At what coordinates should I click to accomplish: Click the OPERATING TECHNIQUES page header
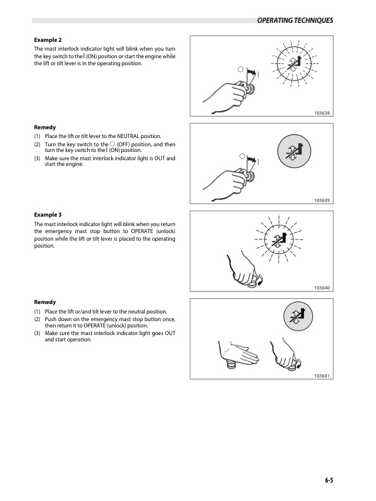pos(294,20)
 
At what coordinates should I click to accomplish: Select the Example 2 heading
pos(48,40)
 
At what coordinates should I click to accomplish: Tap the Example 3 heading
pos(48,215)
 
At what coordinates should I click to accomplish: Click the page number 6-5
pos(329,480)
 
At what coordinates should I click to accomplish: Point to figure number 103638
pos(322,113)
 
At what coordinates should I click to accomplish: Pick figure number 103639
pos(322,201)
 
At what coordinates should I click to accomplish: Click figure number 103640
pos(322,288)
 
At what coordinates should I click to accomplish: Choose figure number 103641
pos(322,376)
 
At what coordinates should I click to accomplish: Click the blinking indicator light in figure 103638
pos(294,63)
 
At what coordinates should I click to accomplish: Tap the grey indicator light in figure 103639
pos(294,151)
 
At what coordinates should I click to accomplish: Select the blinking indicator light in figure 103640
pos(279,239)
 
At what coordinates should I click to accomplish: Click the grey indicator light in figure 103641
pos(298,316)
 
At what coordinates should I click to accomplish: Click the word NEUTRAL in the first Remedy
pos(128,136)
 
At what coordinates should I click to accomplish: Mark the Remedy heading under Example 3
pos(45,302)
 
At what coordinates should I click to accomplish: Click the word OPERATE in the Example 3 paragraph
pos(142,231)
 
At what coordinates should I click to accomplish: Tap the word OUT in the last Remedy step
pos(170,333)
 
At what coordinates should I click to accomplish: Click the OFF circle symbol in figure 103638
pos(241,69)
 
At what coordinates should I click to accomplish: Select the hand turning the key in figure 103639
pos(227,186)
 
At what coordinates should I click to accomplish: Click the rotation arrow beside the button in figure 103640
pos(260,280)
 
